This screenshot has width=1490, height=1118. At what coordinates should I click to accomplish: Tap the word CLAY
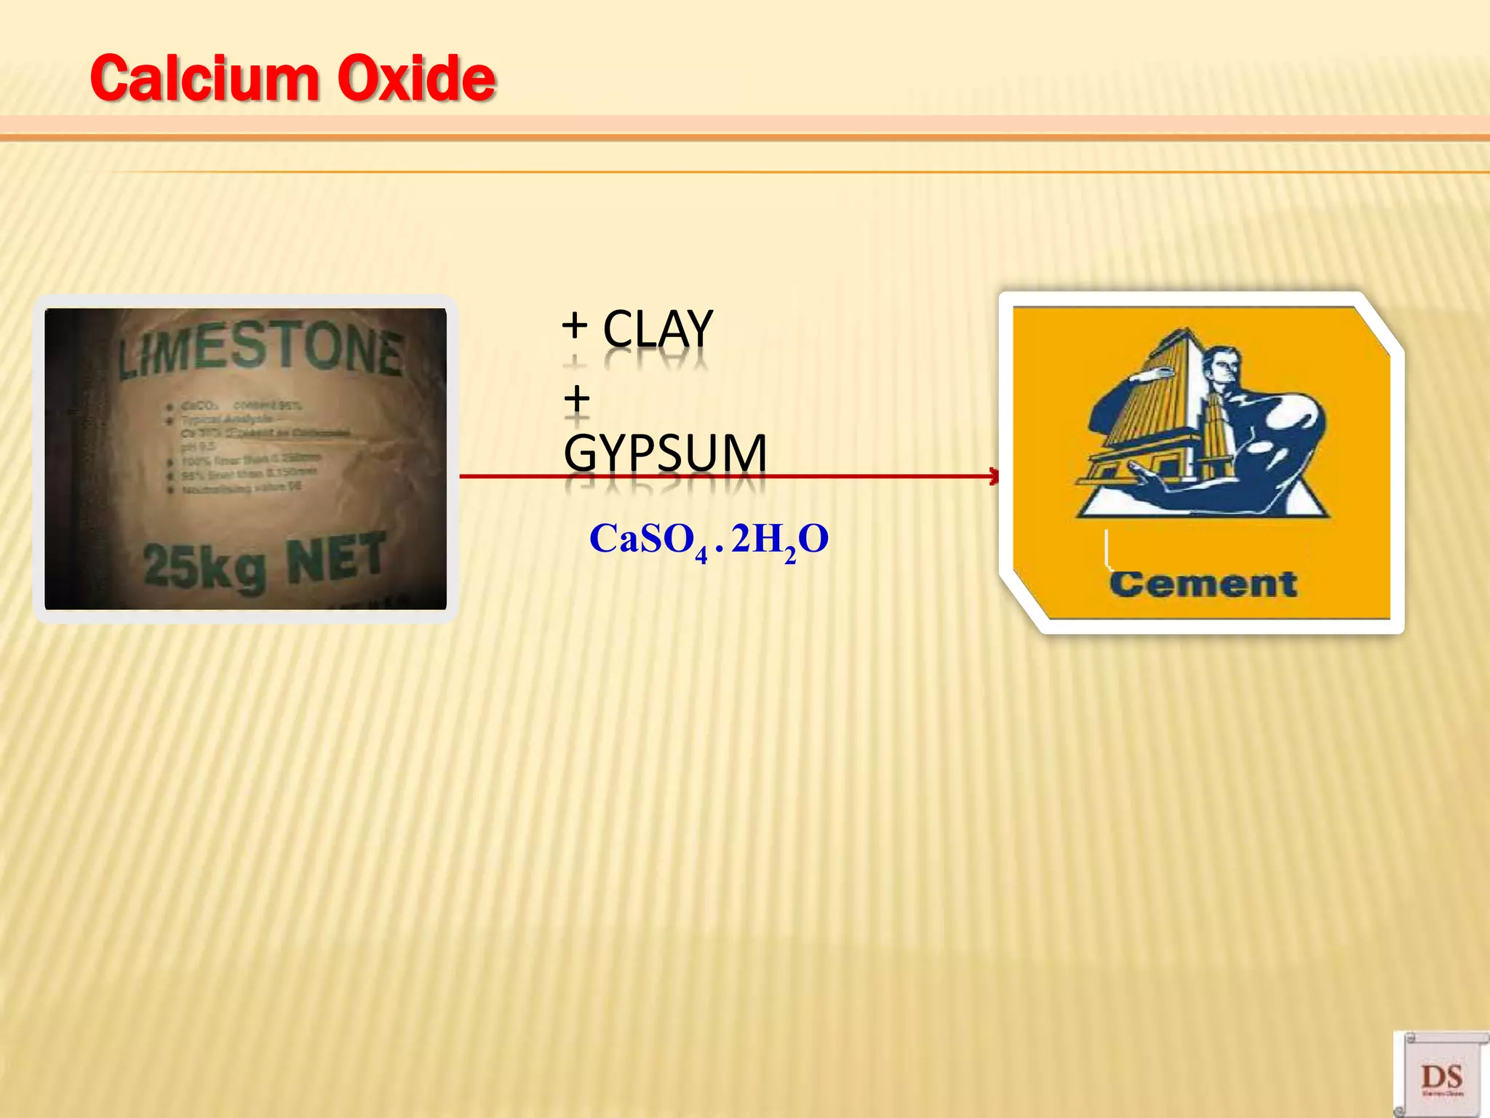[x=657, y=329]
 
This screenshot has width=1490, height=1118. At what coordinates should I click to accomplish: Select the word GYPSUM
[x=665, y=453]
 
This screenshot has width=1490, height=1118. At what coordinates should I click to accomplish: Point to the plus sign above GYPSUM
[x=576, y=399]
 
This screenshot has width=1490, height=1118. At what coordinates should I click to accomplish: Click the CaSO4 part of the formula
[x=648, y=540]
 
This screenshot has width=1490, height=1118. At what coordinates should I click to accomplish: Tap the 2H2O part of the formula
[x=779, y=540]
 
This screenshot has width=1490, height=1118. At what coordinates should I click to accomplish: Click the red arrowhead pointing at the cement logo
[x=994, y=477]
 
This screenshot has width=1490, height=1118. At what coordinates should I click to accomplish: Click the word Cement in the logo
[x=1203, y=584]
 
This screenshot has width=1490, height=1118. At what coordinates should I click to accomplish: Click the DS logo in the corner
[x=1441, y=1075]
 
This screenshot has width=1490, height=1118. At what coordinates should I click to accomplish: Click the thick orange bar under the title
[x=745, y=127]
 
